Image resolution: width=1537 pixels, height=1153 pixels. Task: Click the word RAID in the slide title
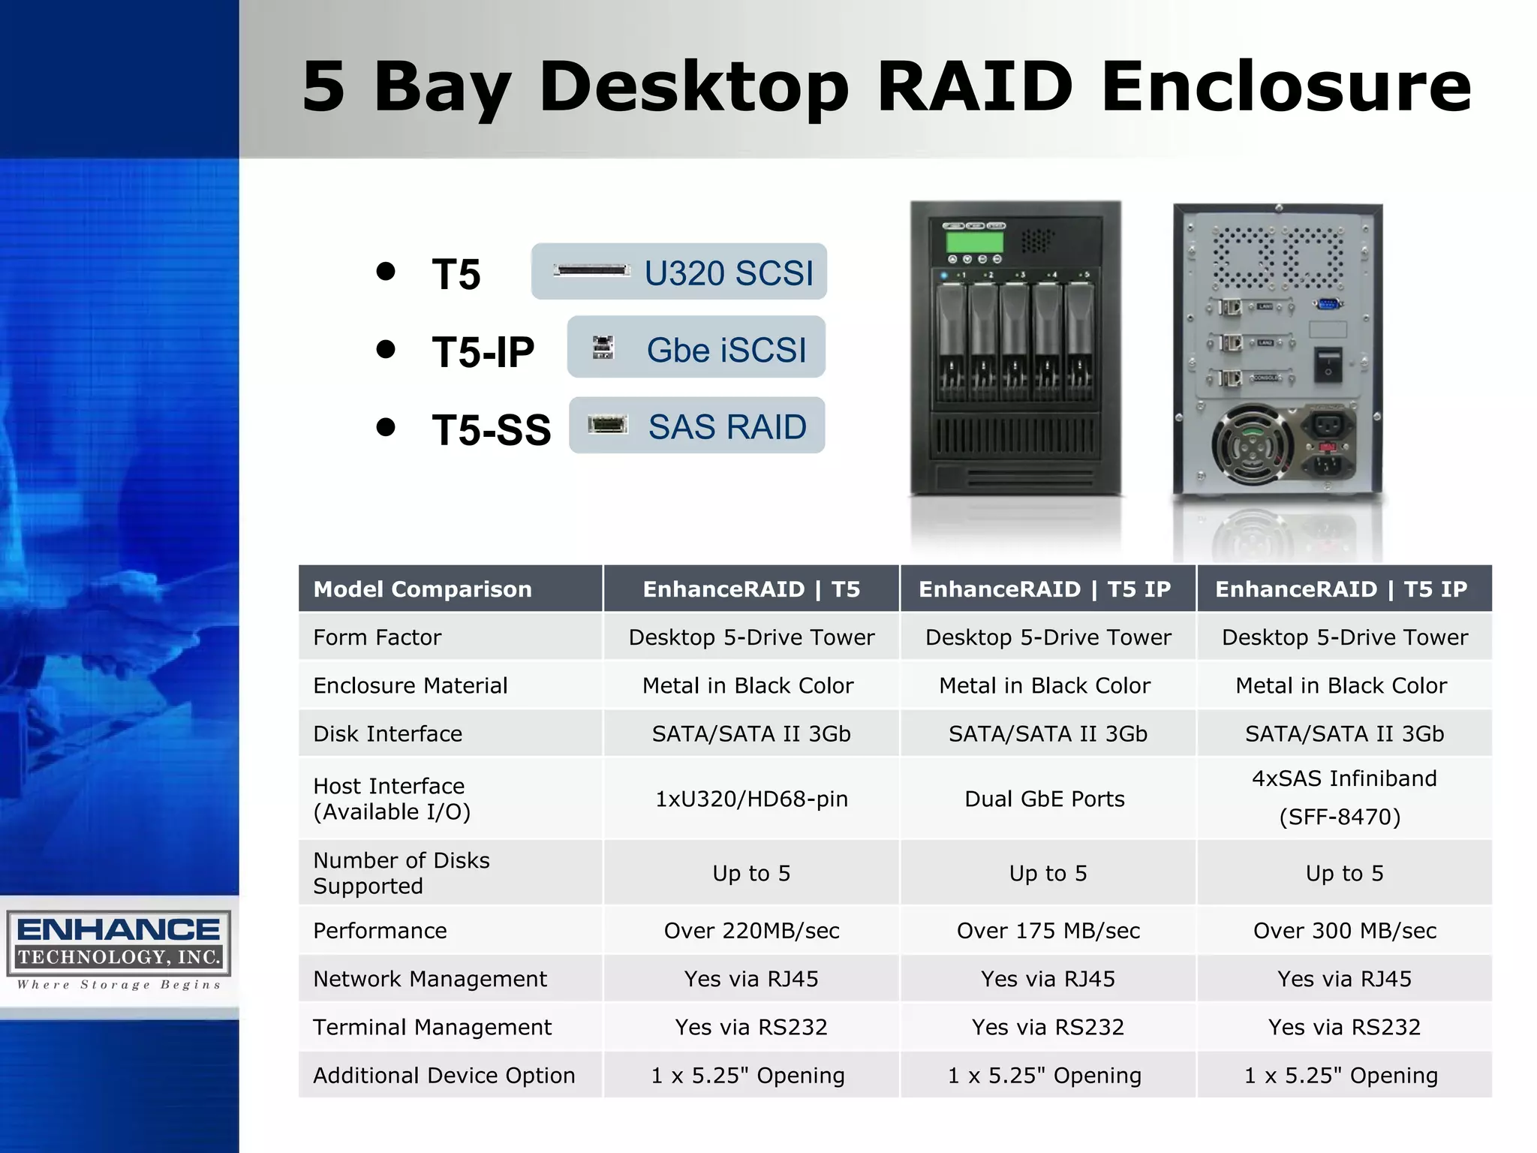974,87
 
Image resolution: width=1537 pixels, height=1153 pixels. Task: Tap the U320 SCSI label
728,272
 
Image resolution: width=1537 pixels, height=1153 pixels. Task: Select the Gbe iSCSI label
726,350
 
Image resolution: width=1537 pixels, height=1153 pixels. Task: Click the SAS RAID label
726,427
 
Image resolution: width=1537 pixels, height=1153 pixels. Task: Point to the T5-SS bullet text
491,429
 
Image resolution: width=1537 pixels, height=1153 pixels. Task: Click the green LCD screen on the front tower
974,242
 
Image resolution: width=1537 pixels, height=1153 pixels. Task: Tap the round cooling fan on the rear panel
1251,445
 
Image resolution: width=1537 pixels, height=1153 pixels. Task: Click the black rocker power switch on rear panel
1328,364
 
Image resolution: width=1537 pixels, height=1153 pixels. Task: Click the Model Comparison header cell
423,589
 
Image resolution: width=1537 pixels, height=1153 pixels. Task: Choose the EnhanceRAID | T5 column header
751,589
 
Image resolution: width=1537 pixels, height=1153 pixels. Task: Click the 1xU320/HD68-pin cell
751,799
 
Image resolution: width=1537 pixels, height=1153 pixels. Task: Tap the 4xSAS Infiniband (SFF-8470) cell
1343,797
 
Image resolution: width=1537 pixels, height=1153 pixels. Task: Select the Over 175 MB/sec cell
1048,931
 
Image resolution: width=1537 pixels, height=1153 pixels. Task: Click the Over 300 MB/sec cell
1344,931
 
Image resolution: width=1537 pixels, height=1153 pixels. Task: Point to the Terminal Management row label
432,1027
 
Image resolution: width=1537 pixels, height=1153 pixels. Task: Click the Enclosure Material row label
410,685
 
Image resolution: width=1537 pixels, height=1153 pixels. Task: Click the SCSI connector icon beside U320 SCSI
591,270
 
